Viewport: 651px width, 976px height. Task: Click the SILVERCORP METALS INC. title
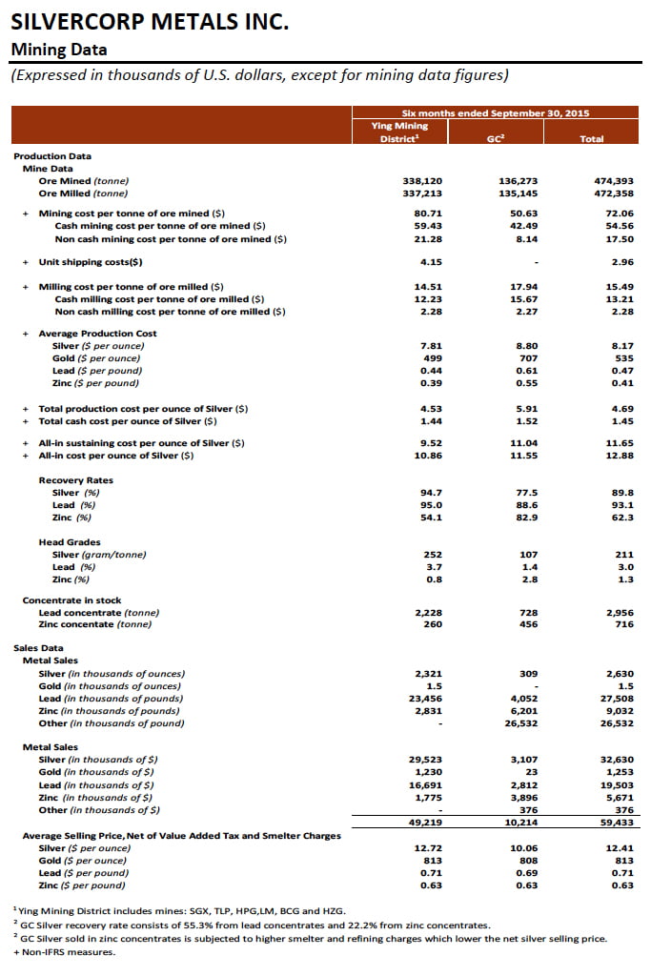(x=150, y=21)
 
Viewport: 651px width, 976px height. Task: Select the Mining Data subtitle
(x=58, y=50)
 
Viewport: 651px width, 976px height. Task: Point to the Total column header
(x=592, y=138)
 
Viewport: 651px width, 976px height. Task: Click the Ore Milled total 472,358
(x=614, y=193)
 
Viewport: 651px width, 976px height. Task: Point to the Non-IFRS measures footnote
(x=60, y=950)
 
